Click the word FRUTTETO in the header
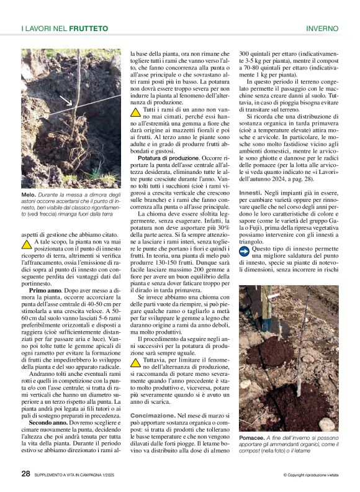[89, 28]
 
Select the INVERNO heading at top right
[322, 28]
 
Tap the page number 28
[26, 473]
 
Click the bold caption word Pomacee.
[253, 438]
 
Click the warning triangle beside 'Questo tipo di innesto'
[245, 250]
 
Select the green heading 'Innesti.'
[250, 193]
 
